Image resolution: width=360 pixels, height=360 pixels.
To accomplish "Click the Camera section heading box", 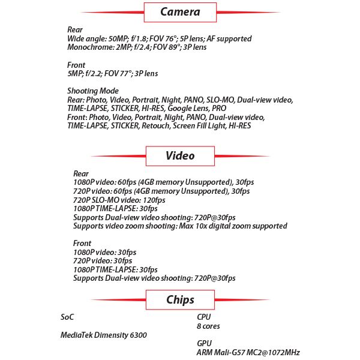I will tap(180, 11).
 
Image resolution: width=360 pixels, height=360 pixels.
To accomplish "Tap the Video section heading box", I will tap(180, 155).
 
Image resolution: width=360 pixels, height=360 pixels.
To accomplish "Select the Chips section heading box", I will tap(180, 299).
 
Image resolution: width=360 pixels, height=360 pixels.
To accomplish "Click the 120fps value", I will tap(152, 200).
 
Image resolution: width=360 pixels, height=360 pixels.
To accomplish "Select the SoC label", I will tap(67, 317).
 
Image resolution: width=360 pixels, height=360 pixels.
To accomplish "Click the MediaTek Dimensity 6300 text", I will tap(104, 335).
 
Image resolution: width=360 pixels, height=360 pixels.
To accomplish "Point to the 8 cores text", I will tap(208, 326).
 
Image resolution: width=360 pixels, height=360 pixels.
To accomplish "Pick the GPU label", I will tap(204, 344).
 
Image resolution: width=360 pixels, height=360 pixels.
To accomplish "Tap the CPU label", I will tap(204, 317).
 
